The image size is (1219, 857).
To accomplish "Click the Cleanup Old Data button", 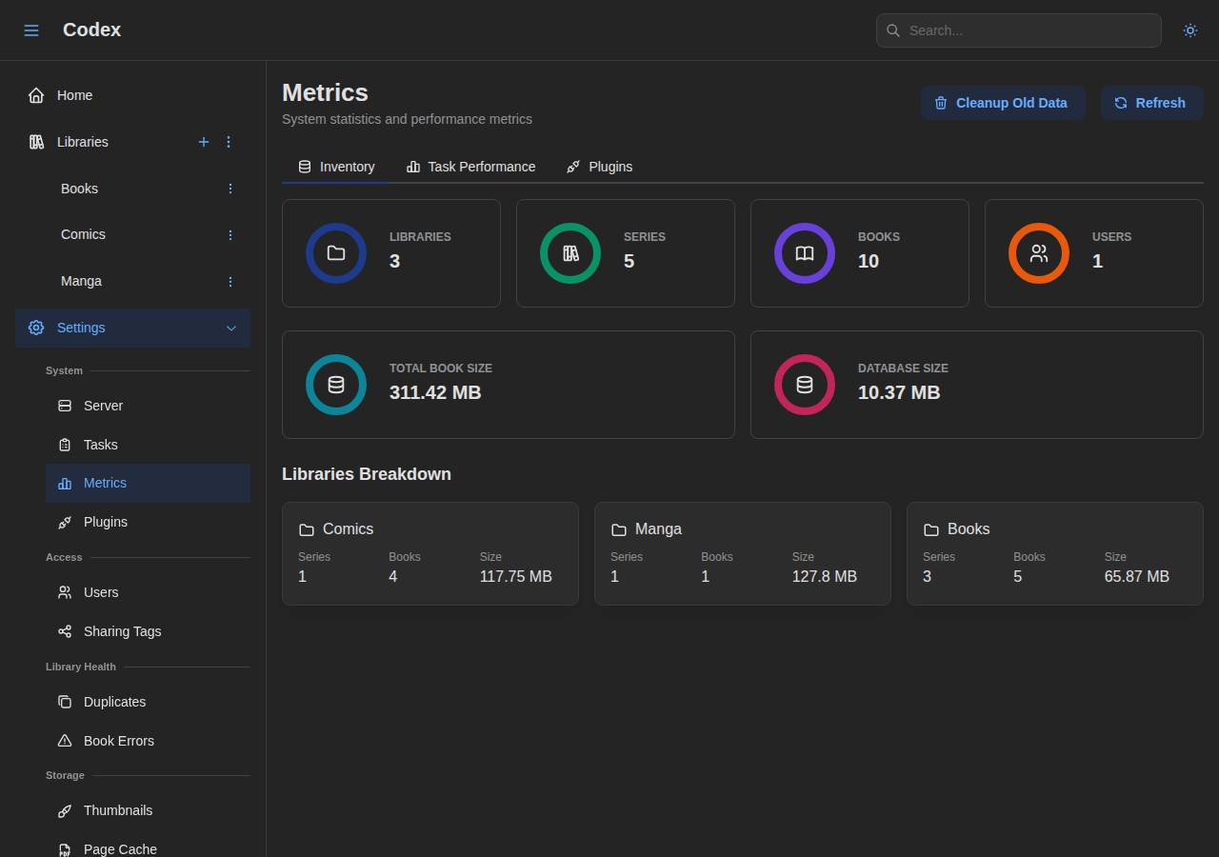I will (x=1003, y=103).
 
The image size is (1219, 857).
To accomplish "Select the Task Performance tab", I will (x=471, y=167).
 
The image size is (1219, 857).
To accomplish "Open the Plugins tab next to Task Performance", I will (x=600, y=167).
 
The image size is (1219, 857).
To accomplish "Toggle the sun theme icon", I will (x=1190, y=30).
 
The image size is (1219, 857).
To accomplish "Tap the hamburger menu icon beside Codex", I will (x=31, y=30).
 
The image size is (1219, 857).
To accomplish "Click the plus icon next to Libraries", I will (x=204, y=142).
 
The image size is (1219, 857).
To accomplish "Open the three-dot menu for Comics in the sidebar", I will (x=230, y=235).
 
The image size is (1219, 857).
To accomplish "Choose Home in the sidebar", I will (x=74, y=95).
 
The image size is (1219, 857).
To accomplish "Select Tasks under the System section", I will (x=100, y=445).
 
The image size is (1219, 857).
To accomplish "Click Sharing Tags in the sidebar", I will (x=122, y=631).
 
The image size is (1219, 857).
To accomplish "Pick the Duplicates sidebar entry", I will (x=114, y=702).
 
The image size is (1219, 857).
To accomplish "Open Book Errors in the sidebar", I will (x=118, y=741).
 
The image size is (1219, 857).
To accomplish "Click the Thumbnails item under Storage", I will (x=117, y=810).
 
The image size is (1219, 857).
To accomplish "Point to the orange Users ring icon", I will (x=1039, y=253).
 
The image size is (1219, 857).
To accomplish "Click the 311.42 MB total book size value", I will (x=435, y=392).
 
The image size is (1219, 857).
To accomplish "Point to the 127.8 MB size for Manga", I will (x=825, y=576).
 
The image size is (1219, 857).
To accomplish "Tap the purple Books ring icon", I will (x=805, y=253).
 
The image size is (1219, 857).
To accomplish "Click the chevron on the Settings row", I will (x=231, y=328).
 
